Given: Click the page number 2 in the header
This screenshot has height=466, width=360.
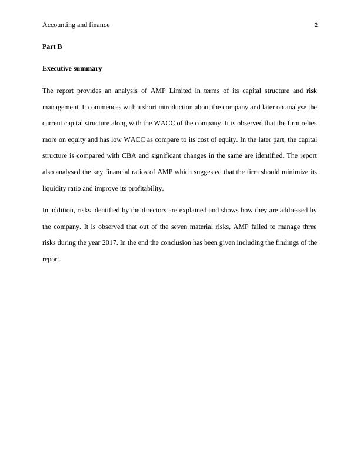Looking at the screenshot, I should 316,25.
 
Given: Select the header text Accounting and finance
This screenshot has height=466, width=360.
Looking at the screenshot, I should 76,25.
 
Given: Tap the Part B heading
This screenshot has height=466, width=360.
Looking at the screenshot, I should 52,46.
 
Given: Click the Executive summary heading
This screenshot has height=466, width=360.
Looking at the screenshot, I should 72,68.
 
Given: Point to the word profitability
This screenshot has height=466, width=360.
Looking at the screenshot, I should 141,189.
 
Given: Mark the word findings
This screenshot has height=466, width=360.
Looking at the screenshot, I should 278,242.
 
